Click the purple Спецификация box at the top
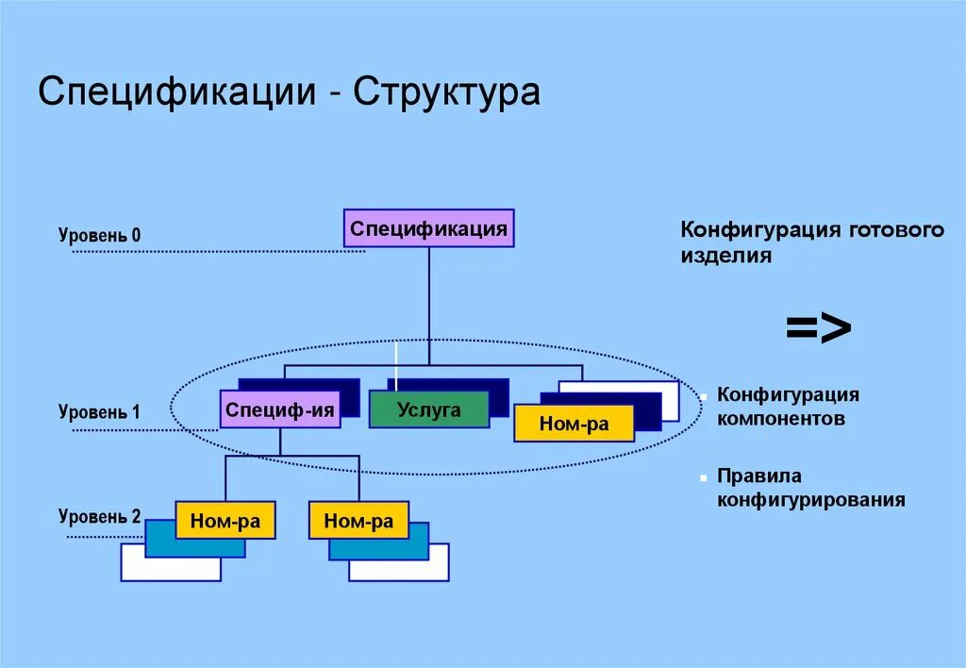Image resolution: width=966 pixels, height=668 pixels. coord(428,228)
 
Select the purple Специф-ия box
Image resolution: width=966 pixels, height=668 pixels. coord(279,410)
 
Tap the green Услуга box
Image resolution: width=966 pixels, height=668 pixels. coord(428,409)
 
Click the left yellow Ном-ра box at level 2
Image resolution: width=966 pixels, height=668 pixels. coord(225,521)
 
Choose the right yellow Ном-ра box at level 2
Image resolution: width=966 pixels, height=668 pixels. coord(358,521)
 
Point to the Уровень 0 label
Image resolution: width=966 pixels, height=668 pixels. coord(99,235)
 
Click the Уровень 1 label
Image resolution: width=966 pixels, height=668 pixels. coord(99,412)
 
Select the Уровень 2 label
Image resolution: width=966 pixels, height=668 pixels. coord(99,516)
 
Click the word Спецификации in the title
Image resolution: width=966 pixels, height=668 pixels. coord(175,93)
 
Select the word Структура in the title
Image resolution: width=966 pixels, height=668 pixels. coord(447,93)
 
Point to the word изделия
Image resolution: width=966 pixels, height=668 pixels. coord(726,256)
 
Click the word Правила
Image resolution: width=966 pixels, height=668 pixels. coord(759,476)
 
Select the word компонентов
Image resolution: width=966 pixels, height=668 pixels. coord(780,418)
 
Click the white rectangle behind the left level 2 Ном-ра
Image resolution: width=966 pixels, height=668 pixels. coord(170,570)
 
